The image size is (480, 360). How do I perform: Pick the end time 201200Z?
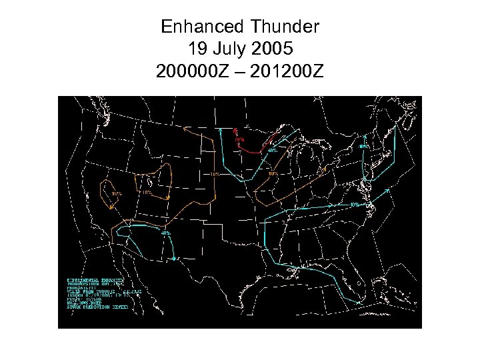point(288,71)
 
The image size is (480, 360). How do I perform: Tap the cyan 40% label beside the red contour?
point(273,151)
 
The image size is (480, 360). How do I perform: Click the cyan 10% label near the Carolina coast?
point(355,205)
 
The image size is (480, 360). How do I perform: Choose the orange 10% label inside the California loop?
point(117,193)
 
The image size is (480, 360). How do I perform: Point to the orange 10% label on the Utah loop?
point(147,192)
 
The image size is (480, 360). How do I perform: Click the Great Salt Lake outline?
point(149,182)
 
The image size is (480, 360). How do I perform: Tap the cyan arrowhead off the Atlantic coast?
point(389,189)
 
